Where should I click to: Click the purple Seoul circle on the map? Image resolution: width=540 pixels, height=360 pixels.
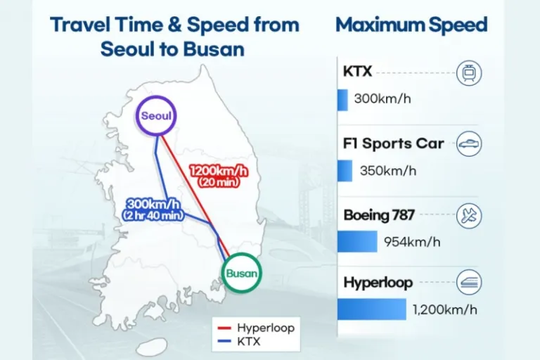(156, 116)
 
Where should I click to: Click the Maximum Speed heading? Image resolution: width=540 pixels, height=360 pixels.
(411, 25)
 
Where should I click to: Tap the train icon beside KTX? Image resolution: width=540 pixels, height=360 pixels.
(468, 73)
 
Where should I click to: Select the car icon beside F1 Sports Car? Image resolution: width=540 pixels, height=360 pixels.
(468, 143)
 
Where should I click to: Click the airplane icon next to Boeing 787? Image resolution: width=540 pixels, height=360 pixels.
(468, 216)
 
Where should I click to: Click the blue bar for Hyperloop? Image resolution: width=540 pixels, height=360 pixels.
(372, 309)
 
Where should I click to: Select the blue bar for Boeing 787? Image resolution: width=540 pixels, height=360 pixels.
(357, 242)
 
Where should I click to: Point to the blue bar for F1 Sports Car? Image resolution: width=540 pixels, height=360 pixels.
(345, 171)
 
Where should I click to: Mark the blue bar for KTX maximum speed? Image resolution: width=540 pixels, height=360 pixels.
(342, 99)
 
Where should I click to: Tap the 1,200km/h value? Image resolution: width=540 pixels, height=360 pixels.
(445, 309)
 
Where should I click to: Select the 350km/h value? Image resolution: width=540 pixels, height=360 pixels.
(388, 171)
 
